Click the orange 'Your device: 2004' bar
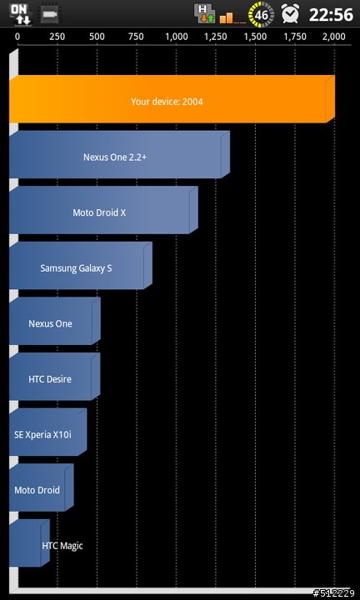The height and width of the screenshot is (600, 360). click(x=172, y=99)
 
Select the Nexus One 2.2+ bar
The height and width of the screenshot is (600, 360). click(x=119, y=155)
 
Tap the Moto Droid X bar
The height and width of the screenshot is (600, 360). click(x=103, y=210)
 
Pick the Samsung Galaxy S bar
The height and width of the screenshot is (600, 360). click(x=80, y=266)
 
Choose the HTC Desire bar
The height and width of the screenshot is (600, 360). click(x=54, y=377)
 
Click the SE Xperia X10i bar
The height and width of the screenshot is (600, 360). click(x=47, y=432)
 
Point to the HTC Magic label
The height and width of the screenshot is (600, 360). click(x=62, y=546)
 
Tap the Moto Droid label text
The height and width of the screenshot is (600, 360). click(x=37, y=490)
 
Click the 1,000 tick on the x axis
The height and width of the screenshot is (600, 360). click(x=177, y=37)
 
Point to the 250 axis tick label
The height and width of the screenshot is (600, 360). click(x=57, y=37)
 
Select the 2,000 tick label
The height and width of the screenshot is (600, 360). click(x=334, y=37)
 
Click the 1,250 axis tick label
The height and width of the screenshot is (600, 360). click(x=216, y=37)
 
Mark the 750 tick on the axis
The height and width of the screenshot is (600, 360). click(x=137, y=37)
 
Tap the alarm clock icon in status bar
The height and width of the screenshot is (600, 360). click(x=290, y=14)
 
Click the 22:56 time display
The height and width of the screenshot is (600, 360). click(x=331, y=14)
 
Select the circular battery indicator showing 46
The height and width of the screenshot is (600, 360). click(x=261, y=14)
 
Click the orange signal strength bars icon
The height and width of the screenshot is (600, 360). click(x=232, y=17)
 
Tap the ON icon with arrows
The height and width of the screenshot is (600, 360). click(x=21, y=14)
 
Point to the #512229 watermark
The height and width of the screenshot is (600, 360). click(x=334, y=593)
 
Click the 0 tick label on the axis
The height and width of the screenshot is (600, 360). click(x=17, y=37)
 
